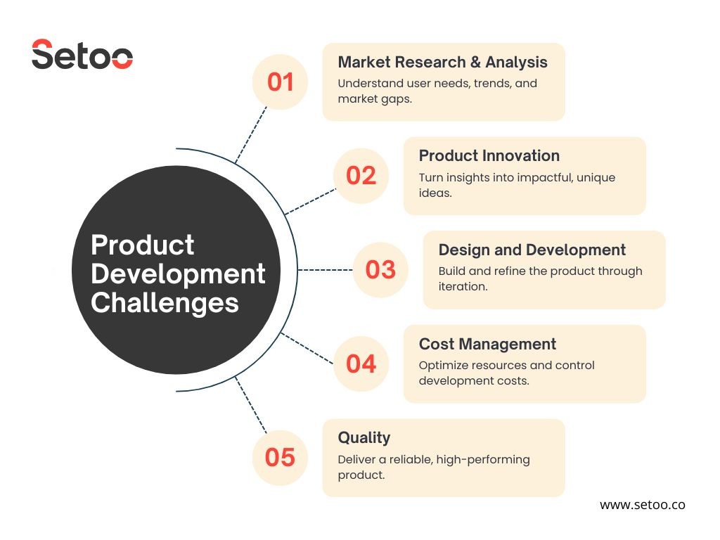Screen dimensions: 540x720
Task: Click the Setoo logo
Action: (x=82, y=55)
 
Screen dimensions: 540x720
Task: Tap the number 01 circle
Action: (x=280, y=82)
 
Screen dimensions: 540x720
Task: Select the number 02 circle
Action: (x=361, y=176)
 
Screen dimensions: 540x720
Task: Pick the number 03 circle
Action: (x=380, y=269)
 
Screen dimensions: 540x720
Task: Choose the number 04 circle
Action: (x=361, y=364)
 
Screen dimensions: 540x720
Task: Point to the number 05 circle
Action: (x=280, y=458)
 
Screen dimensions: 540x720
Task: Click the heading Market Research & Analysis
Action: (x=442, y=62)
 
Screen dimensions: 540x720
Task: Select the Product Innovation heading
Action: (x=489, y=156)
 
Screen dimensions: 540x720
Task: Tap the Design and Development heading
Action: (x=532, y=250)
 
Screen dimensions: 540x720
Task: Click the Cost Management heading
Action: (x=487, y=344)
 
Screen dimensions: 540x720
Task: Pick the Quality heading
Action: (x=364, y=437)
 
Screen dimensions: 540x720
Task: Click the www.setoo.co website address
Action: (x=642, y=505)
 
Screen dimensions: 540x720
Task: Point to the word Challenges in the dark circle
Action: (x=165, y=303)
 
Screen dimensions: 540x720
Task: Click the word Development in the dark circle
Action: (x=178, y=274)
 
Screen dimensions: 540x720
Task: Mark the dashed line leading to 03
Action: (x=325, y=269)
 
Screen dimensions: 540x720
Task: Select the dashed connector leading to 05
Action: (x=251, y=406)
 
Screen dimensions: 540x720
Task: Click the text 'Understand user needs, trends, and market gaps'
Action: (x=437, y=91)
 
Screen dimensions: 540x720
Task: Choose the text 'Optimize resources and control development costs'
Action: (x=506, y=373)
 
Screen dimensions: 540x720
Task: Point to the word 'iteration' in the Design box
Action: (x=463, y=287)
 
